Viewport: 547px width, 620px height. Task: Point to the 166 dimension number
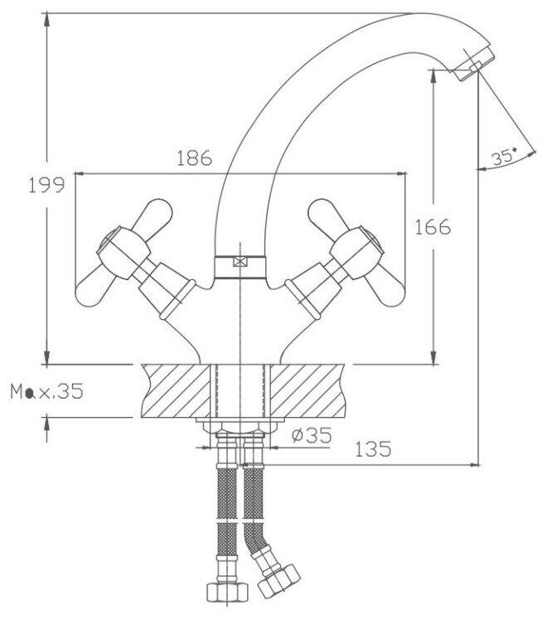pyautogui.click(x=432, y=225)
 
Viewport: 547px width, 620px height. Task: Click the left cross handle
pyautogui.click(x=119, y=253)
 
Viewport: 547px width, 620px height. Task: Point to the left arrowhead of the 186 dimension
pyautogui.click(x=80, y=173)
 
